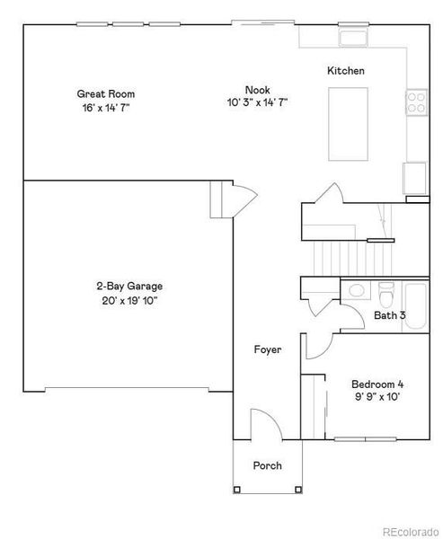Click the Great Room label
coord(106,93)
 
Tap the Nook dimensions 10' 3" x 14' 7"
coord(257,102)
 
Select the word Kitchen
coord(346,71)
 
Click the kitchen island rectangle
coord(348,124)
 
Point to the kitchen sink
coord(353,38)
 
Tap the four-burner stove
coord(417,102)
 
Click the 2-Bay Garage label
coord(129,287)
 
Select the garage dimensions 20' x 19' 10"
coord(129,301)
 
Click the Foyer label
coord(268,349)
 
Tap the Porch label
coord(267,465)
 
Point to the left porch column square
coord(236,490)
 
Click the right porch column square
coord(298,490)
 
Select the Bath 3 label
coord(390,315)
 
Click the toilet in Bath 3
coord(385,295)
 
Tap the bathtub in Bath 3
coord(415,306)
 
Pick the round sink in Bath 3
coord(355,290)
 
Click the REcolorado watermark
coord(412,532)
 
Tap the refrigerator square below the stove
coord(414,178)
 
